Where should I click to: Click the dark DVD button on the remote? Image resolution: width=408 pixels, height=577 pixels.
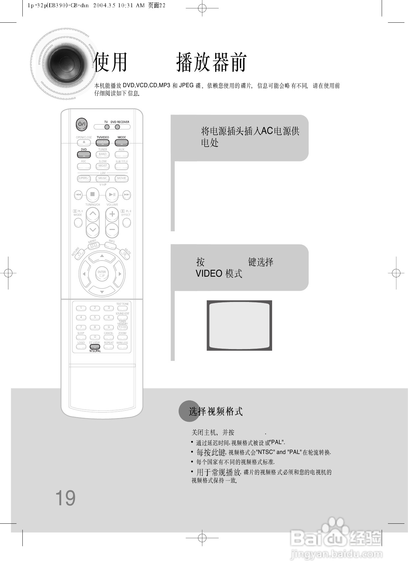coord(84,154)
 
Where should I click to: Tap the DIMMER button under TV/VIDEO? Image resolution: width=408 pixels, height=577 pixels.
coord(102,142)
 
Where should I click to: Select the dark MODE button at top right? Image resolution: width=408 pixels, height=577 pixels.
coord(121,142)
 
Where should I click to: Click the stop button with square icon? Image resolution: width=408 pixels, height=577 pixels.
coord(92,194)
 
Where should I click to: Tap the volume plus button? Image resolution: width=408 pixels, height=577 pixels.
coord(112,214)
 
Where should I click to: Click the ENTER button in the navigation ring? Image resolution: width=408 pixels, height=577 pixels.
coord(102,274)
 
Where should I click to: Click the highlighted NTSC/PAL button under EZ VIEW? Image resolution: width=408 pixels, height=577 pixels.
coord(95,347)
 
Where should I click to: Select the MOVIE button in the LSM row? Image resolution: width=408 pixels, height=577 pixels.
coord(121,178)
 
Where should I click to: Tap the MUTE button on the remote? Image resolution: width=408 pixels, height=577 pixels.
coord(125,254)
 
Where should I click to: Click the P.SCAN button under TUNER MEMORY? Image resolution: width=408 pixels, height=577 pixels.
coord(122,327)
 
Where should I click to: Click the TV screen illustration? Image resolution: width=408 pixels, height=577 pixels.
coord(239,325)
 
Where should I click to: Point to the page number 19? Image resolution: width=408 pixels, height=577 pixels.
coord(65,498)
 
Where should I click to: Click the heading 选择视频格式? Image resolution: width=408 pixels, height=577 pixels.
coord(216,411)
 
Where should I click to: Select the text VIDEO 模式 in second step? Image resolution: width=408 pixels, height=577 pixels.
coord(219,274)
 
